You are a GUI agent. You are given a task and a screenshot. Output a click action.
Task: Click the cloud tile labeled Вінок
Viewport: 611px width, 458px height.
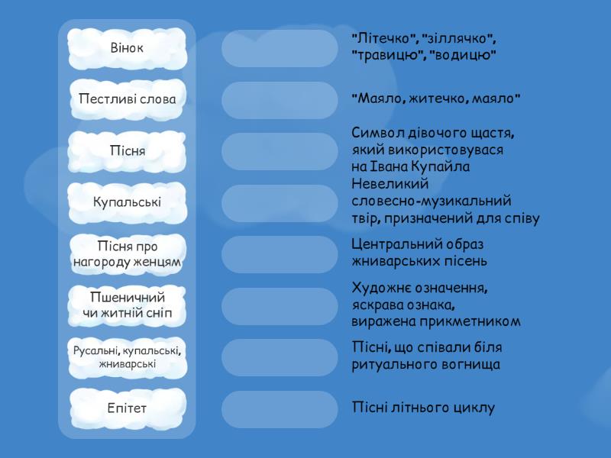pos(127,48)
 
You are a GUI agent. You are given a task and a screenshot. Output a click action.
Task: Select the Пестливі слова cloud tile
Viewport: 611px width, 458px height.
pos(127,100)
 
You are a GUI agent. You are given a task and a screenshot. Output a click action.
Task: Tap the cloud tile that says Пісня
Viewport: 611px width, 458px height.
pos(127,151)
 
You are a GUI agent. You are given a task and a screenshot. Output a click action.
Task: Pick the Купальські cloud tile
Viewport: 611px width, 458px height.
pos(127,202)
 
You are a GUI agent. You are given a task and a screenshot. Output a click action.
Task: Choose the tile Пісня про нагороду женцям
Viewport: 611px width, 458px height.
pos(127,254)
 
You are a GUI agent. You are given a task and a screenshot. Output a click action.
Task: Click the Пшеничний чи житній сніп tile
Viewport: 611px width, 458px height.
pos(127,305)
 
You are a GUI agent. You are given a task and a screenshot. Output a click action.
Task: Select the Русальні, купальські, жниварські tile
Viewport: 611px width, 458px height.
pos(127,357)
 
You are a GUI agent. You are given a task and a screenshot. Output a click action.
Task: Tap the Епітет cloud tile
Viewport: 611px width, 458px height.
pos(127,408)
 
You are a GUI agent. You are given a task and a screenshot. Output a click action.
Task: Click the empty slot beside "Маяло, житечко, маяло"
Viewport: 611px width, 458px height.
pos(279,100)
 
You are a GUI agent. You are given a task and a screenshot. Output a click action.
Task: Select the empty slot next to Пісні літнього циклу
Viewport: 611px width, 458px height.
pos(279,408)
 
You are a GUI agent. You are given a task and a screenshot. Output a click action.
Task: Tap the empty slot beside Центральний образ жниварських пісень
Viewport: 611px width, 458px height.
pos(279,254)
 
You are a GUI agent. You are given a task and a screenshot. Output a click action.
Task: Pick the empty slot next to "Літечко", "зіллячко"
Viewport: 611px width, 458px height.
pos(279,48)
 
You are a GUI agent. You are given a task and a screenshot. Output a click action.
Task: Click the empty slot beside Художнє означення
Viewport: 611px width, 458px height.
pos(279,305)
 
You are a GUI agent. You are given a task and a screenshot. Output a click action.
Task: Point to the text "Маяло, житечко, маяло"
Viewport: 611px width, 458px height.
pos(436,98)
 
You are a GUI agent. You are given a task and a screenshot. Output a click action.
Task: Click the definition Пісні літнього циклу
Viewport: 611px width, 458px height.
pos(423,408)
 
